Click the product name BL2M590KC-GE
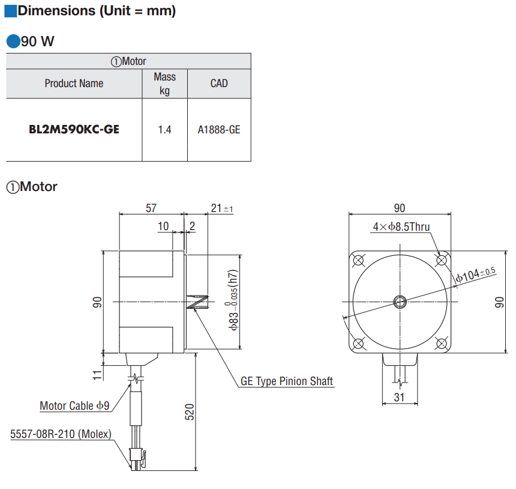74,130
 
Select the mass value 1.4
164,130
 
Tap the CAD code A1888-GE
219,130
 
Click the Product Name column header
74,84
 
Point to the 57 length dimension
151,208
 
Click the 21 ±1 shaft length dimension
222,208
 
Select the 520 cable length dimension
190,412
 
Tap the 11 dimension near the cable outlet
97,375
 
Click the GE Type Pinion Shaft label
287,381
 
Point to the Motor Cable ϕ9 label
74,405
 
